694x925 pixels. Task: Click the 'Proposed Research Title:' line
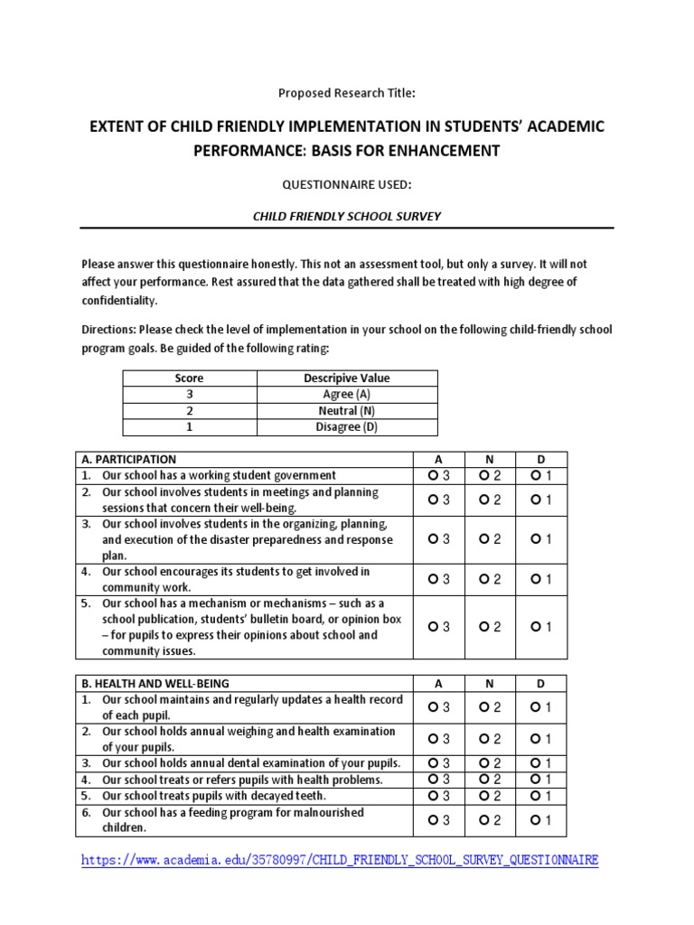point(347,92)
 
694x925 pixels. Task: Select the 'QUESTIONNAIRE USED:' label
point(347,184)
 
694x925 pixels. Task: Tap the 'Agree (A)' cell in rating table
point(346,395)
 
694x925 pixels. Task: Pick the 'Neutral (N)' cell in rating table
point(346,411)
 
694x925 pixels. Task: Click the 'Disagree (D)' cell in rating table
point(346,427)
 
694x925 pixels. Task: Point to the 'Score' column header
point(190,378)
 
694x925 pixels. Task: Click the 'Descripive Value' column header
point(346,378)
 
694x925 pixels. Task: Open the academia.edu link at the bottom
point(340,860)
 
